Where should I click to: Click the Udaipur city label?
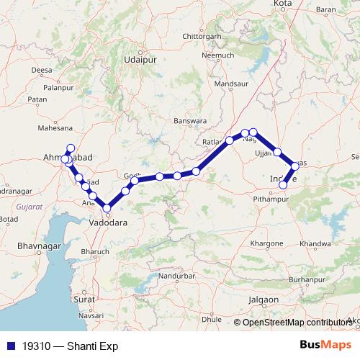pos(140,60)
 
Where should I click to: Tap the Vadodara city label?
pos(107,224)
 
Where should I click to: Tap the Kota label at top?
pos(282,4)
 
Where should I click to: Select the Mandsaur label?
pos(231,84)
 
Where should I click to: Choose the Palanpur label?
pos(58,87)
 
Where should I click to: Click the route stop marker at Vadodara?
pos(107,209)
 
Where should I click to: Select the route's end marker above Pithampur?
pos(283,184)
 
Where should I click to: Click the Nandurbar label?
pos(176,275)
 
